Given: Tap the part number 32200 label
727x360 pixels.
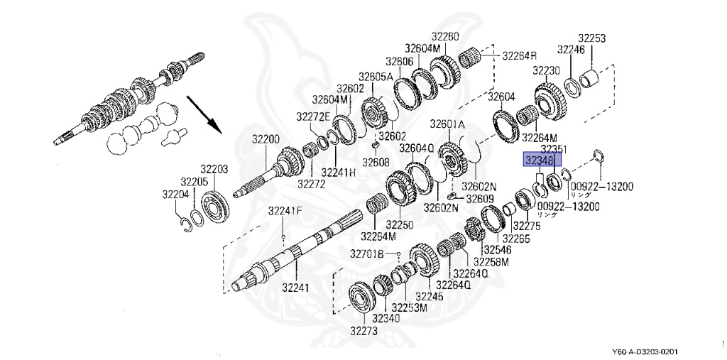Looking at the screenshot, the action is [266, 138].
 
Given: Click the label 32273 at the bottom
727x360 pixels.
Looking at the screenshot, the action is [364, 331].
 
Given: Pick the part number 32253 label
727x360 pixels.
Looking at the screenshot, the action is [591, 38].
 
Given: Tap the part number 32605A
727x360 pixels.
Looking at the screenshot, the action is [375, 77].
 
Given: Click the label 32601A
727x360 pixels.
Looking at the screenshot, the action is [447, 124].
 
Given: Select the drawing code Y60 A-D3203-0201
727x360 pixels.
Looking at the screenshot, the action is [647, 352].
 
